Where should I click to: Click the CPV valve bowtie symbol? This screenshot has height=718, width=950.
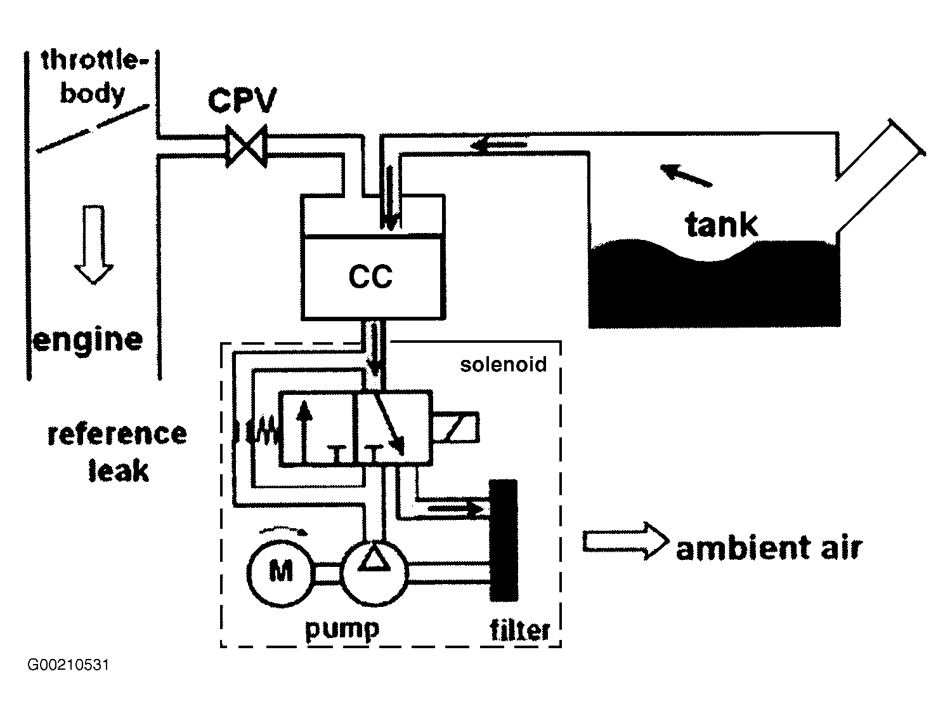point(247,146)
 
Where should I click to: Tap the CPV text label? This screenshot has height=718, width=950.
point(242,100)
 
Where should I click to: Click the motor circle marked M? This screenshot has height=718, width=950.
point(280,572)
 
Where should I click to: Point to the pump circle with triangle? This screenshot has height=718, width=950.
point(375,572)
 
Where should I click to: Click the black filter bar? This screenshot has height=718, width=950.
point(504,540)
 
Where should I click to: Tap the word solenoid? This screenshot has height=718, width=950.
point(503,364)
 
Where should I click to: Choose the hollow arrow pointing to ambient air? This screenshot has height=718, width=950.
point(625,541)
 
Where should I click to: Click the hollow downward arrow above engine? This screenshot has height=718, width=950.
point(94,244)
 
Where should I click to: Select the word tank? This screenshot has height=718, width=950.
point(721,225)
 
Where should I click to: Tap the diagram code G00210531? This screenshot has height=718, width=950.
point(68,665)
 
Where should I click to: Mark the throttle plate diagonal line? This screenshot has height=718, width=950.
point(93,129)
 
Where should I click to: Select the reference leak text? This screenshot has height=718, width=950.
point(117,453)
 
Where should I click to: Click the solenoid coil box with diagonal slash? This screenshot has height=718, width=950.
point(456,427)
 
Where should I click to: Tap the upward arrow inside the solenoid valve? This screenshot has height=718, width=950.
point(304,430)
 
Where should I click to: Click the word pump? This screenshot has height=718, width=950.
point(342,630)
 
